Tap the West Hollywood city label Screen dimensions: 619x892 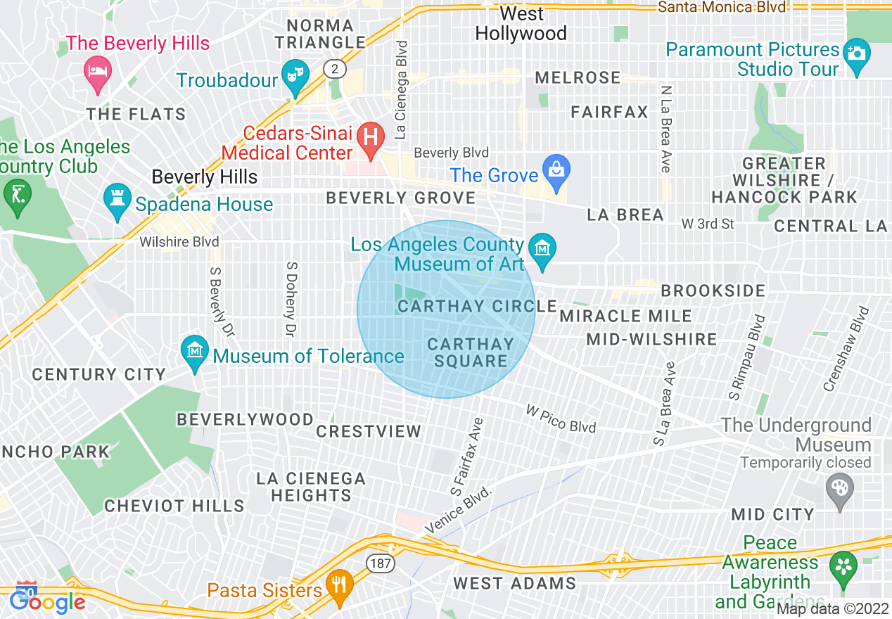coord(521,24)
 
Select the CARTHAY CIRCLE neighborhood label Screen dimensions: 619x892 coord(477,307)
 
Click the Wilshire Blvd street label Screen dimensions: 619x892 coord(179,243)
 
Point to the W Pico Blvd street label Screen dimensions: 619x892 coord(561,419)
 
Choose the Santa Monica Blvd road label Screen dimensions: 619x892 coord(722,7)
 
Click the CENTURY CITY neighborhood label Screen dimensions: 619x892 coord(98,374)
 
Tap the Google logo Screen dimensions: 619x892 coord(48,601)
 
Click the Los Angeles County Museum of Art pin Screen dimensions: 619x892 coord(542,250)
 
